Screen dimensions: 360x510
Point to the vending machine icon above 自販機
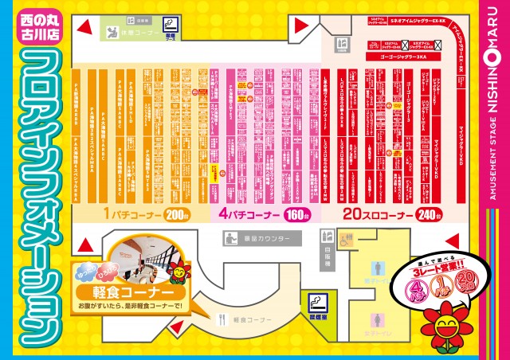[x=326, y=237]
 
